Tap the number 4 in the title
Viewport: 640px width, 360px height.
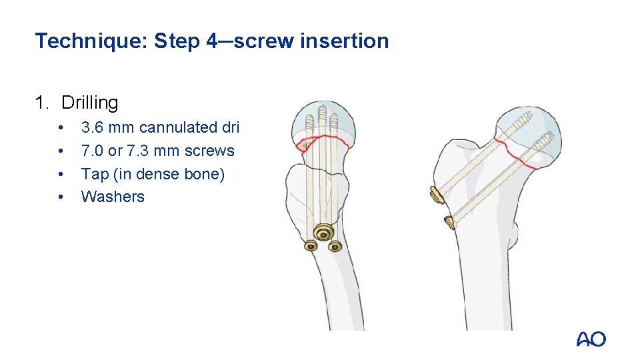tap(213, 41)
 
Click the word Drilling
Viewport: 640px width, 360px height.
tap(90, 103)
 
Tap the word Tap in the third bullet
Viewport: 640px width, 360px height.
tap(95, 174)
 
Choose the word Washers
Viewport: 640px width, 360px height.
tap(113, 197)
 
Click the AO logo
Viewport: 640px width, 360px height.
tap(591, 339)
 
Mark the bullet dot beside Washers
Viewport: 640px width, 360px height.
tap(61, 197)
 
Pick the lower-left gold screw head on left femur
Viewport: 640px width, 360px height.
tap(311, 245)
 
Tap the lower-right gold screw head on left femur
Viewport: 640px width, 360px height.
tap(335, 246)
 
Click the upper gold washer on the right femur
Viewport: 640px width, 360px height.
tap(436, 194)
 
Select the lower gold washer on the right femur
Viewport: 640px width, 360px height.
tap(449, 222)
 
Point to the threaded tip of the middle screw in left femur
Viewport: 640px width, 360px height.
tap(323, 113)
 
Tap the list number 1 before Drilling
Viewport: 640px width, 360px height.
tap(41, 103)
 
